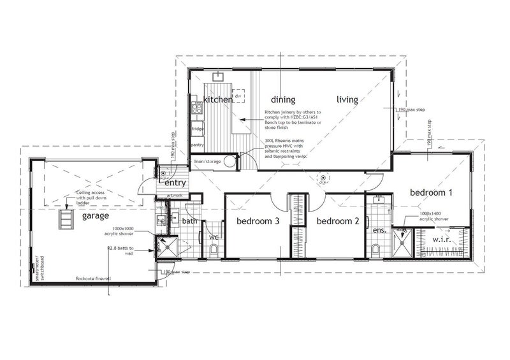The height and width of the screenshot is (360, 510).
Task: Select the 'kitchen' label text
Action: click(x=218, y=100)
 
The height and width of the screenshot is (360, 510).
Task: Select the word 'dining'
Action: click(x=283, y=99)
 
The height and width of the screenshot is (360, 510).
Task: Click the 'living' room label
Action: click(x=347, y=99)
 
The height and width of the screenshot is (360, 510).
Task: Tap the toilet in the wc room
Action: click(x=213, y=250)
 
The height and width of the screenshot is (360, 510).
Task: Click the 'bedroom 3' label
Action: click(x=258, y=222)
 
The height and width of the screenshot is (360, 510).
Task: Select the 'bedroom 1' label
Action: click(x=431, y=192)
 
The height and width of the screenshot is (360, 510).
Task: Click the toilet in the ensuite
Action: click(x=377, y=248)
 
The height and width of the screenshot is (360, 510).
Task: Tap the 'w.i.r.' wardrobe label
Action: click(x=443, y=240)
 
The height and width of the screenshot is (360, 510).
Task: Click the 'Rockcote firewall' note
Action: click(x=93, y=278)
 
